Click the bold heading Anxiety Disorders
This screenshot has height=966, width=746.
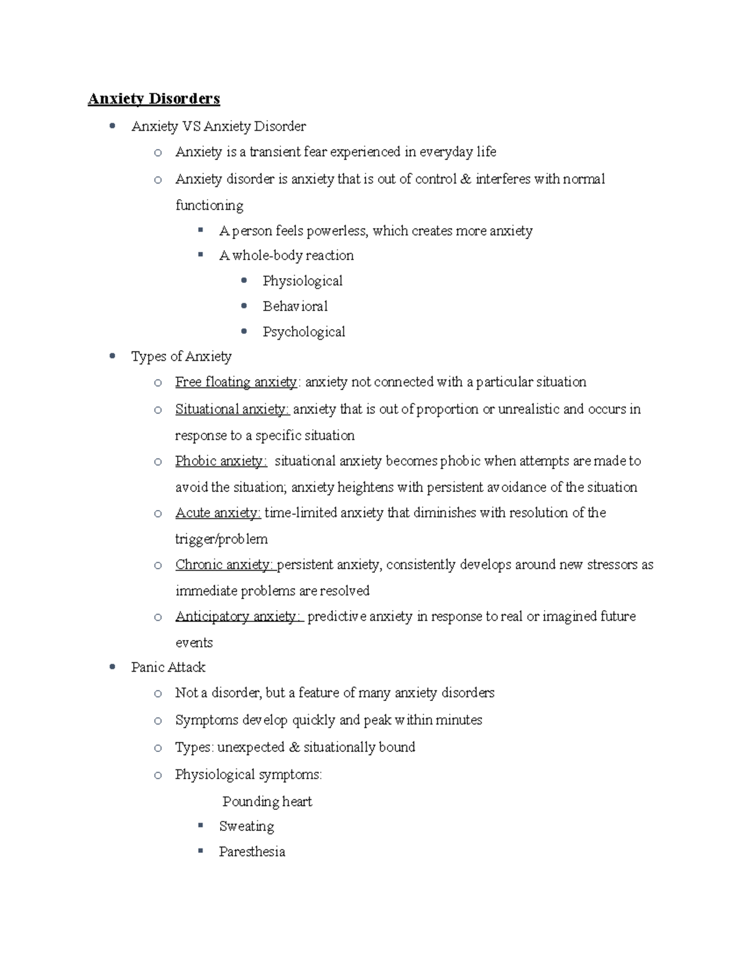pos(154,99)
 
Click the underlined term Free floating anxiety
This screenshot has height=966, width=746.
pos(236,382)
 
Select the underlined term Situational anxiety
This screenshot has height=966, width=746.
pos(231,409)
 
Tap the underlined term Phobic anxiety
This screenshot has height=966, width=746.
pos(221,461)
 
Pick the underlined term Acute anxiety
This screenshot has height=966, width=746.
pos(218,513)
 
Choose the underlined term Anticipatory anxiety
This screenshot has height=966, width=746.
pos(238,616)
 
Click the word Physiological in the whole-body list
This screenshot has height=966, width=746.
pos(302,281)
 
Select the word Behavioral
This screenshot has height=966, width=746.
pos(295,307)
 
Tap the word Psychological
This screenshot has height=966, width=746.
pos(303,332)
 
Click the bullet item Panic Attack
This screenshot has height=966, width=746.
pos(168,667)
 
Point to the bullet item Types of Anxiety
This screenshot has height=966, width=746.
pos(181,356)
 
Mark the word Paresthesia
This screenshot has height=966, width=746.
pos(252,852)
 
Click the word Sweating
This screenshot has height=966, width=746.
pos(246,827)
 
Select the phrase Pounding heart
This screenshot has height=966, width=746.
pos(267,802)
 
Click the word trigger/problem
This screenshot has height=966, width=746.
pos(221,539)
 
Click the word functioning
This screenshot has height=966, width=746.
pos(209,205)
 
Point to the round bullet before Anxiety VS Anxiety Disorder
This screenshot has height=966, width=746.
pos(112,126)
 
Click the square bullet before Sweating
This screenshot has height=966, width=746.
pos(201,825)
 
